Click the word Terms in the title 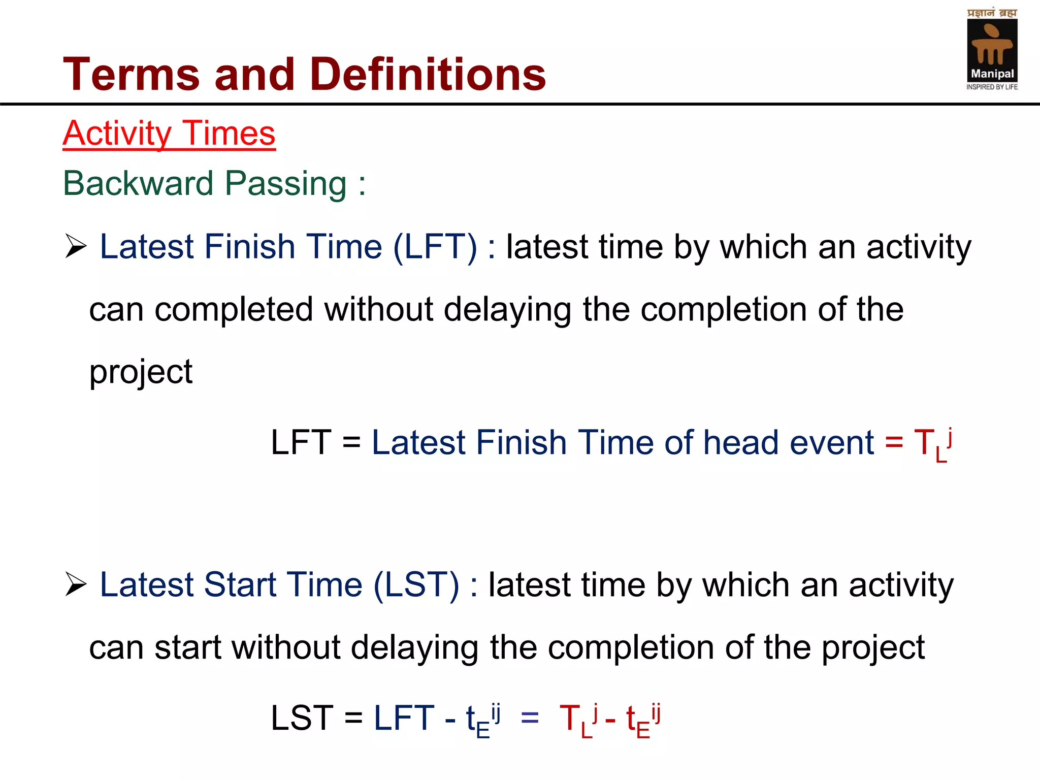click(x=131, y=75)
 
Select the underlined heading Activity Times click(x=169, y=134)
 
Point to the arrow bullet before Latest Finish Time click(x=76, y=247)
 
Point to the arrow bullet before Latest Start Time click(x=76, y=584)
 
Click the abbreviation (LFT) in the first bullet click(x=435, y=247)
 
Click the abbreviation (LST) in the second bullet click(x=417, y=585)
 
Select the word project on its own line click(x=141, y=372)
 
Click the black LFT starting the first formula click(x=301, y=442)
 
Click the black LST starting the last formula click(x=302, y=718)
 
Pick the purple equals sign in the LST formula click(x=530, y=718)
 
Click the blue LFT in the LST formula click(x=404, y=718)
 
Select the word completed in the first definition click(x=234, y=310)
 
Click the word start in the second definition click(x=188, y=647)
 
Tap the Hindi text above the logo click(x=992, y=13)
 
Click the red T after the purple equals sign click(x=570, y=718)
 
